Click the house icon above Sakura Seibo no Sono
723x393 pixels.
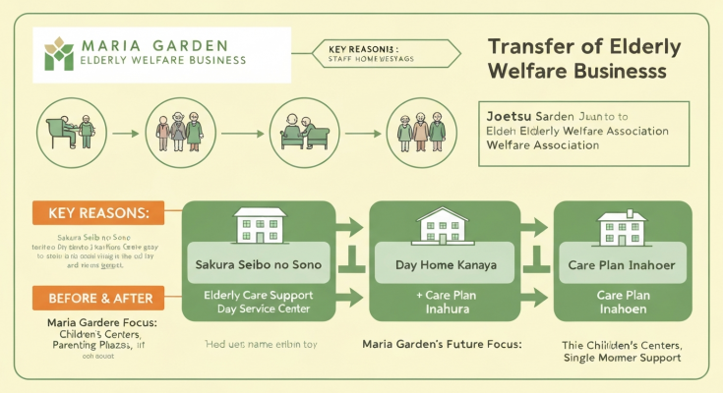coord(260,227)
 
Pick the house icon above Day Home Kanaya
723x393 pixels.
coord(445,227)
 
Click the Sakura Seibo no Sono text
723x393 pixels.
coord(260,265)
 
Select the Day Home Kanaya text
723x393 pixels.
coord(445,265)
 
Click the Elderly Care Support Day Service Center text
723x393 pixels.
coord(260,302)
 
